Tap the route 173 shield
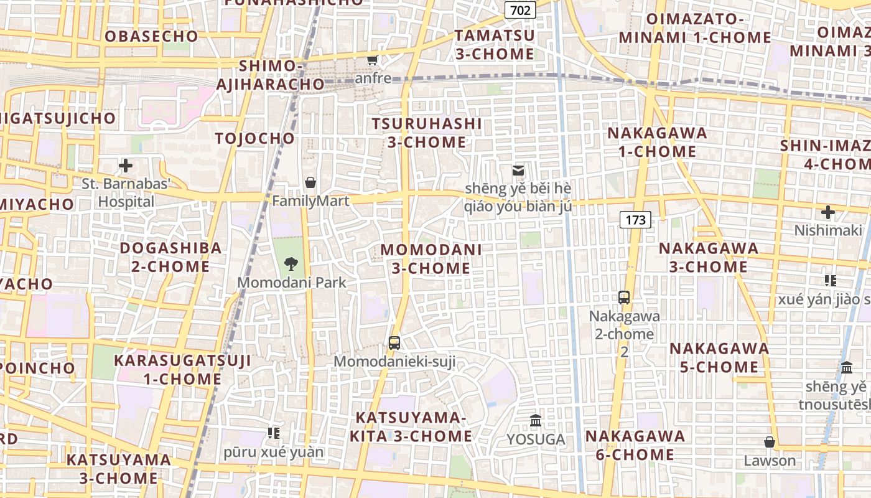(x=635, y=220)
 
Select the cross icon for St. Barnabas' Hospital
(x=126, y=166)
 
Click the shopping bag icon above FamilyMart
(x=310, y=182)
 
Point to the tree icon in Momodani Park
(x=291, y=264)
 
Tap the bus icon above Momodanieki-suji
(x=394, y=342)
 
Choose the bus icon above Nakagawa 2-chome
(x=624, y=298)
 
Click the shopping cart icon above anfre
(x=373, y=60)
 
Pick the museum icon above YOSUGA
(x=536, y=421)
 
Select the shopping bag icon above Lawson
(x=770, y=442)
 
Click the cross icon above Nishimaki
(x=827, y=212)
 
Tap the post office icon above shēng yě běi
(x=518, y=170)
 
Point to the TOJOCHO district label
(x=254, y=138)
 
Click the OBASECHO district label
(x=151, y=36)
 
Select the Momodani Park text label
(x=292, y=282)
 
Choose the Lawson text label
(x=770, y=461)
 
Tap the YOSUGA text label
(x=536, y=439)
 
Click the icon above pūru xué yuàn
(x=274, y=433)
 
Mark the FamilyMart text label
(x=310, y=201)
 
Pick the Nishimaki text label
(x=828, y=230)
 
